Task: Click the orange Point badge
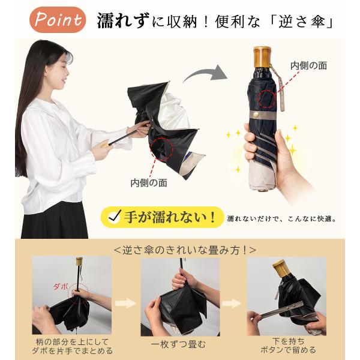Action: point(58,20)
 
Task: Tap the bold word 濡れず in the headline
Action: point(124,20)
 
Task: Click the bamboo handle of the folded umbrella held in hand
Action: point(262,57)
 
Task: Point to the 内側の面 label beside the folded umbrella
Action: point(308,65)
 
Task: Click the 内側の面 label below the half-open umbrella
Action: point(149,183)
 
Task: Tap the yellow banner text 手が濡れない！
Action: point(170,217)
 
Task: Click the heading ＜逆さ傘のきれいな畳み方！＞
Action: point(185,250)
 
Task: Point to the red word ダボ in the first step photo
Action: point(61,287)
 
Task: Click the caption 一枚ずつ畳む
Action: point(178,344)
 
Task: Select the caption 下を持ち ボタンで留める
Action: point(289,346)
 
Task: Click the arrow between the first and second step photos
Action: point(125,303)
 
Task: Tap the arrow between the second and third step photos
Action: point(232,303)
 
